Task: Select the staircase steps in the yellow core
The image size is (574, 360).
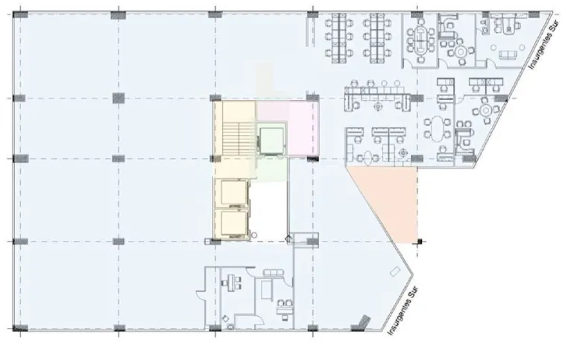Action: (x=239, y=139)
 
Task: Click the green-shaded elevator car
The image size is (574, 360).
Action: (x=271, y=140)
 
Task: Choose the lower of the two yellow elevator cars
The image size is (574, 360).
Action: (x=233, y=224)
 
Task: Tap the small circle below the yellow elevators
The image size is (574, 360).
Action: (x=254, y=236)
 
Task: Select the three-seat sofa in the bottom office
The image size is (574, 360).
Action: (x=273, y=273)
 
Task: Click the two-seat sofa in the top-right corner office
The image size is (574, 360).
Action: (x=508, y=55)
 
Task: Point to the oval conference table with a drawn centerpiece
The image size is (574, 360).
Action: (x=422, y=40)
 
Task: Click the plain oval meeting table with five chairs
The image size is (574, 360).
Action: (x=437, y=129)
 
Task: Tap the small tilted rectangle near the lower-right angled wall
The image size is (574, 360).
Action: (x=394, y=272)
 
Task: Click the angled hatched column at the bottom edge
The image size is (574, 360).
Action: (x=361, y=323)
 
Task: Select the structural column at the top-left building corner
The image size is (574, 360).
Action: (x=20, y=15)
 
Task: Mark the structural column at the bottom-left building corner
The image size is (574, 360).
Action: (x=20, y=328)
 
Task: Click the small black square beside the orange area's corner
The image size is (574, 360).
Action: (x=420, y=241)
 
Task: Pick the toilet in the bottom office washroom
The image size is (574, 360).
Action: (x=230, y=327)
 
